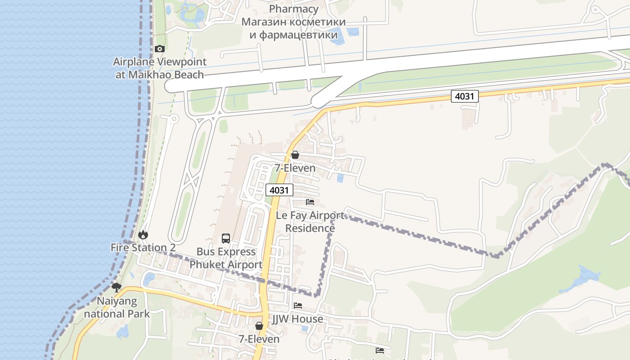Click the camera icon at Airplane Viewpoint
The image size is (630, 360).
coord(159,49)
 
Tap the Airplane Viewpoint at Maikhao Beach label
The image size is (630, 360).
coord(160,68)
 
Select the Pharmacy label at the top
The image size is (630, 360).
coord(293,9)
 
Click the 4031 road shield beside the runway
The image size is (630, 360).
coord(464,96)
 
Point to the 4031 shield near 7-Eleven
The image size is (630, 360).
coord(279,190)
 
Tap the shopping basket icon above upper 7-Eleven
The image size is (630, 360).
coord(295,155)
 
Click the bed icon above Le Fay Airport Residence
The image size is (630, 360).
coord(310,202)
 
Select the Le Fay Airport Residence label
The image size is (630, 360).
coord(310,222)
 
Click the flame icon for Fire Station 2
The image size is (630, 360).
coord(143,234)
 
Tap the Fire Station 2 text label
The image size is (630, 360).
coord(143,247)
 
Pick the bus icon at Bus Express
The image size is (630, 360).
coord(226,238)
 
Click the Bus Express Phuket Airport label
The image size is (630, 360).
coord(226,258)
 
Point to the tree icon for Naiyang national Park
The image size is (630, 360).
coord(117,287)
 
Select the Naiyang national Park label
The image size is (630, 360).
coord(117,307)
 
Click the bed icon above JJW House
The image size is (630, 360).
coord(298,306)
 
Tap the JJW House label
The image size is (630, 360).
coord(298,319)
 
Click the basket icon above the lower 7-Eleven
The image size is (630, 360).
coord(259,325)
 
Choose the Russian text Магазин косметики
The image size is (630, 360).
coord(293,22)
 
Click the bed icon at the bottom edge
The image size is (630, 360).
coord(380,350)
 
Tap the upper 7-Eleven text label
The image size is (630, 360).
coord(295,168)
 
